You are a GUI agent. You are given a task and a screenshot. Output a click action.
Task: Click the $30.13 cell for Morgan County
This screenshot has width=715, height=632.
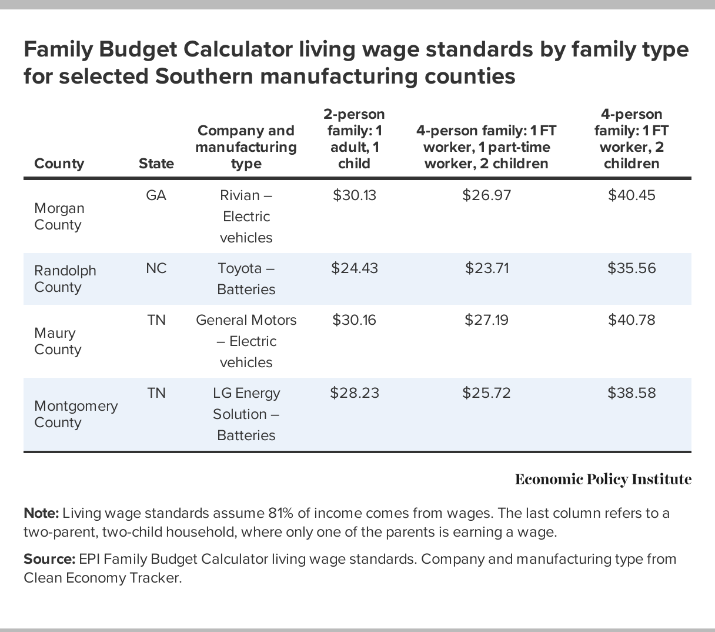[354, 195]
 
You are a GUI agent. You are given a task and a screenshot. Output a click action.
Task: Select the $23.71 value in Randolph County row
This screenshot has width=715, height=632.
[487, 268]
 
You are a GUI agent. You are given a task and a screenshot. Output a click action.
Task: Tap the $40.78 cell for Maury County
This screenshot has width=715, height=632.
[632, 320]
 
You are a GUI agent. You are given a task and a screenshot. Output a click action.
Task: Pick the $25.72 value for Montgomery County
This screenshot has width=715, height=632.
[486, 393]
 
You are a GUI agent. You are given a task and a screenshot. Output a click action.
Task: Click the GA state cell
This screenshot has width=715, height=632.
[156, 195]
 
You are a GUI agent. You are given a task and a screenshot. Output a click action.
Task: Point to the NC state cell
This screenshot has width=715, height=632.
[156, 268]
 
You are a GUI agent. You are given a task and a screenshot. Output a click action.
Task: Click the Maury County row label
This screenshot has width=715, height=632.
[58, 341]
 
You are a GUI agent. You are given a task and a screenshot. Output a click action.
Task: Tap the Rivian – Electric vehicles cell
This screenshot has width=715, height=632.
[246, 217]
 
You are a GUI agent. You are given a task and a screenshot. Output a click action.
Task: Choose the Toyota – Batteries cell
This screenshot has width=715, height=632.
[246, 279]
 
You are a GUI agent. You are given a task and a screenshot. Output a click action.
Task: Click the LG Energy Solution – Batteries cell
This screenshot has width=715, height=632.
[246, 414]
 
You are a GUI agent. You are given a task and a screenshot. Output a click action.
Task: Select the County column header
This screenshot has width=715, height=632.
[59, 164]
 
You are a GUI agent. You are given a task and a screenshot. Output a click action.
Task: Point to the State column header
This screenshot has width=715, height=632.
[156, 164]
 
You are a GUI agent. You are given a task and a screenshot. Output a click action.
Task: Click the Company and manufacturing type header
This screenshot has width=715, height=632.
[246, 147]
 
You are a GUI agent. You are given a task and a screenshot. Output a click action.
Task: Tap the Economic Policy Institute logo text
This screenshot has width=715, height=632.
[603, 480]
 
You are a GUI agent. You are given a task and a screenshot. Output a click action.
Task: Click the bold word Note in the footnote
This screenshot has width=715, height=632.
[41, 513]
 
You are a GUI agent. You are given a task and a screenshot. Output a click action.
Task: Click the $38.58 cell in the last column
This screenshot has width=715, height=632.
[632, 393]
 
